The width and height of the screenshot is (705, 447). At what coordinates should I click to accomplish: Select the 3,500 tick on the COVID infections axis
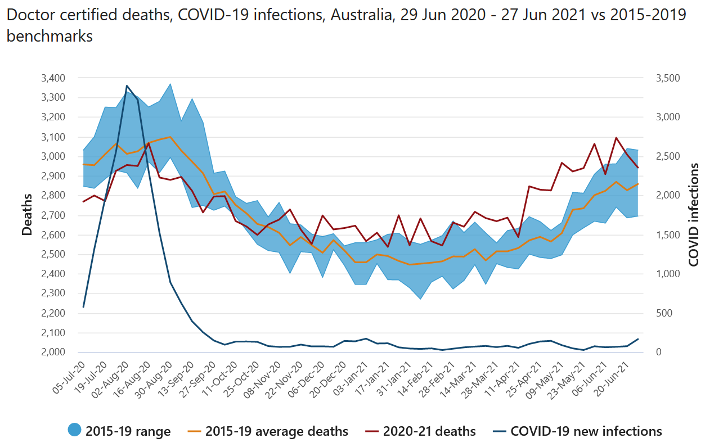tap(667, 78)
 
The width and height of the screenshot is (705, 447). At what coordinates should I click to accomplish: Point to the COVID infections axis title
tap(694, 214)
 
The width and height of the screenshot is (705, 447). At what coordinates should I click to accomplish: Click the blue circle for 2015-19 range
tap(74, 431)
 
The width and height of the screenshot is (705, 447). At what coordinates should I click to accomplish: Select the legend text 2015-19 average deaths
tap(276, 431)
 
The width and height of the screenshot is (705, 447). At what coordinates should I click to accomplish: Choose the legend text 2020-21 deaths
tap(429, 431)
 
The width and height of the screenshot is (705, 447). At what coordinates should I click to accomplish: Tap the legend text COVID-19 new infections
tap(586, 431)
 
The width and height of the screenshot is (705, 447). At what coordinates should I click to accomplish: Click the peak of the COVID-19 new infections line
tap(127, 85)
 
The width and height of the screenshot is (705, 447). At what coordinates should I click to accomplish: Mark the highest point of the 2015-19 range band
tap(170, 84)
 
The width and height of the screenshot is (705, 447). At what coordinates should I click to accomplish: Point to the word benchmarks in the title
tap(50, 37)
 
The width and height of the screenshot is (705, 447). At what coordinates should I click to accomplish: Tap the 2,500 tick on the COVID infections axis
tap(667, 156)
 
